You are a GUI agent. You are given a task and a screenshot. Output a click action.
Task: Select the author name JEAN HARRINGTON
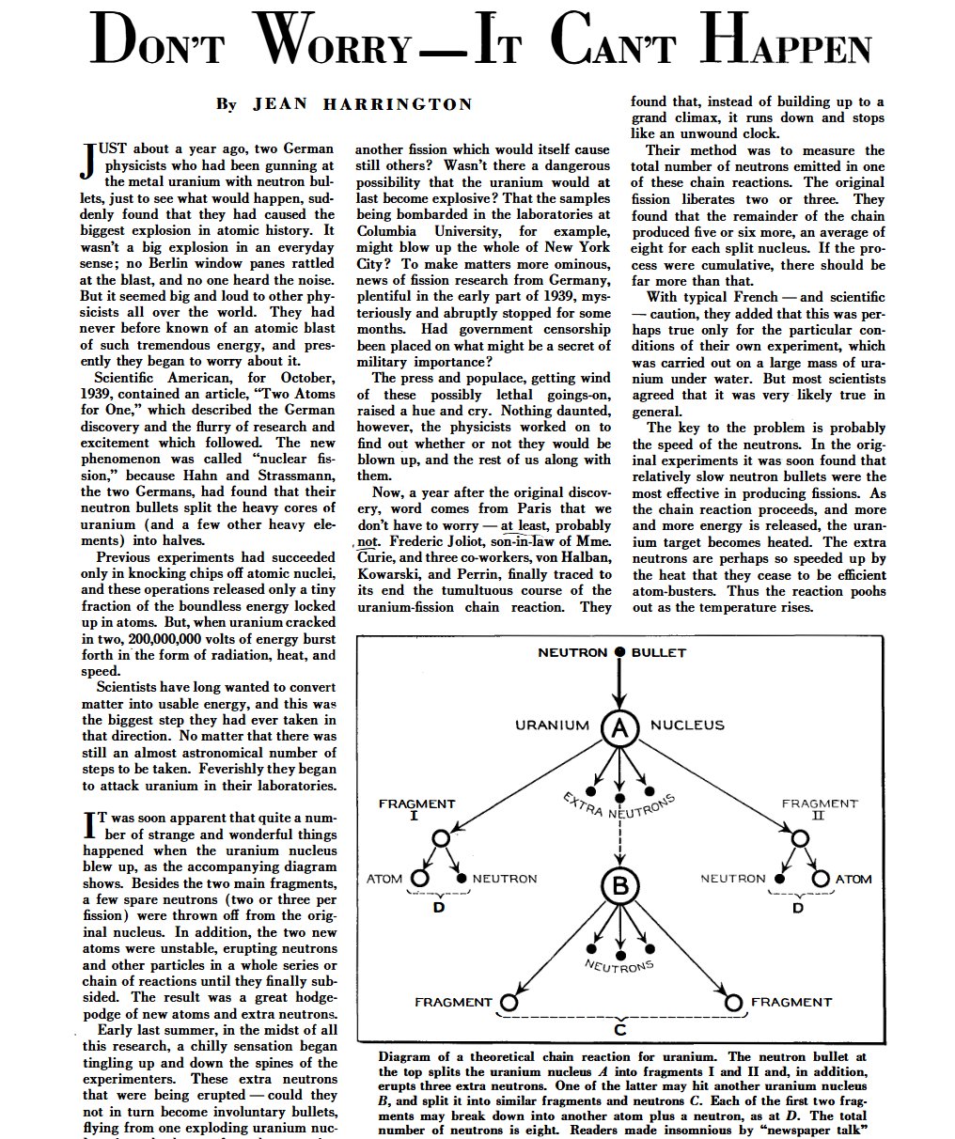(361, 104)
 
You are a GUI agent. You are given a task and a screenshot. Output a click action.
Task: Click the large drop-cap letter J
(91, 162)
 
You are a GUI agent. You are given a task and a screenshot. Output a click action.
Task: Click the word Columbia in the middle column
(388, 230)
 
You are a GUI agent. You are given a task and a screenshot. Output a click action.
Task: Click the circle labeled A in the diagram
(619, 726)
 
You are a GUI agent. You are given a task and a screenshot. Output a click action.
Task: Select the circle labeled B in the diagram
(619, 885)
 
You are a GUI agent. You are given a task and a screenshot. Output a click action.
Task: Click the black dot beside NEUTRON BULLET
(619, 652)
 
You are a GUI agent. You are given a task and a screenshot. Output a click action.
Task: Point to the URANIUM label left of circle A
(552, 726)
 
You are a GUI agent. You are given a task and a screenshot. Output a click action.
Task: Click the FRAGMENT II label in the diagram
(820, 809)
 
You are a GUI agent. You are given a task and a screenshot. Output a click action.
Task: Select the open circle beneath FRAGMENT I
(440, 838)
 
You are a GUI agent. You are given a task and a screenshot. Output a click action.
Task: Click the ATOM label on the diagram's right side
(853, 880)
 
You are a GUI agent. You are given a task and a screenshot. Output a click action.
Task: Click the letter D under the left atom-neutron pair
(439, 908)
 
